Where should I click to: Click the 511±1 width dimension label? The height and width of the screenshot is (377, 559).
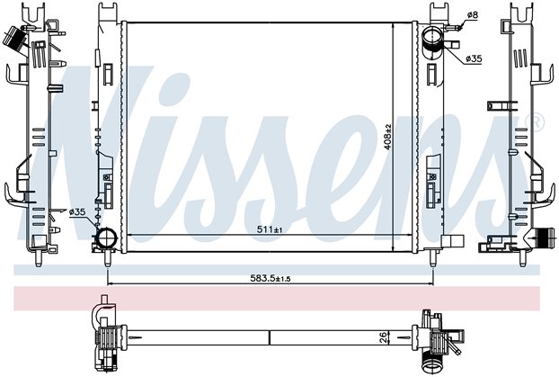tap(270, 229)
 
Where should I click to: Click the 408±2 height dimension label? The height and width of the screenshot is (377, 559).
tap(388, 137)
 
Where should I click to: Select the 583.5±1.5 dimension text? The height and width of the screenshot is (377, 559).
tap(271, 278)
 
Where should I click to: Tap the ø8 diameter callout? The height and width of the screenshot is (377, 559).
tap(472, 14)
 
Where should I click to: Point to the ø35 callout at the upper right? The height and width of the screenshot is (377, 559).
tap(474, 58)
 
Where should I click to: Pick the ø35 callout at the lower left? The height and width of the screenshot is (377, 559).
tap(77, 212)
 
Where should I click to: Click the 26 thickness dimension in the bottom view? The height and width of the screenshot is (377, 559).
tap(383, 337)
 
